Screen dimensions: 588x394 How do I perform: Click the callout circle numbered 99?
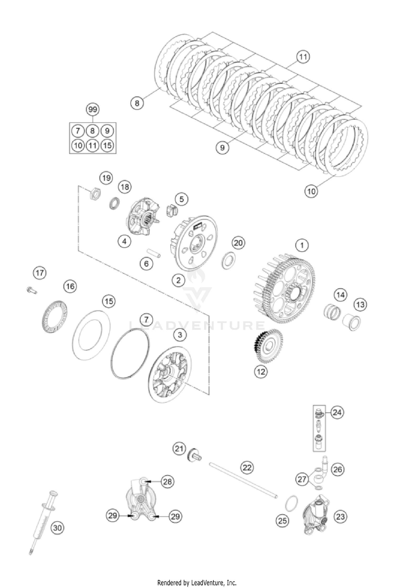point(93,109)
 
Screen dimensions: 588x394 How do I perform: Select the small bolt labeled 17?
point(31,290)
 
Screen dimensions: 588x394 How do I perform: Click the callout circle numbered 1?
point(302,245)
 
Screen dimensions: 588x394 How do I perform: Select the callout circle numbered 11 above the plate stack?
point(303,57)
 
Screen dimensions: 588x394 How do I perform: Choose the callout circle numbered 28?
point(168,481)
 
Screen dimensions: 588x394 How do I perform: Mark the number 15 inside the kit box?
point(107,145)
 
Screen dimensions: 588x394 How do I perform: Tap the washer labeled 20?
point(229,260)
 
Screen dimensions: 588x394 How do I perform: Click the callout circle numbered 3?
point(180,335)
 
